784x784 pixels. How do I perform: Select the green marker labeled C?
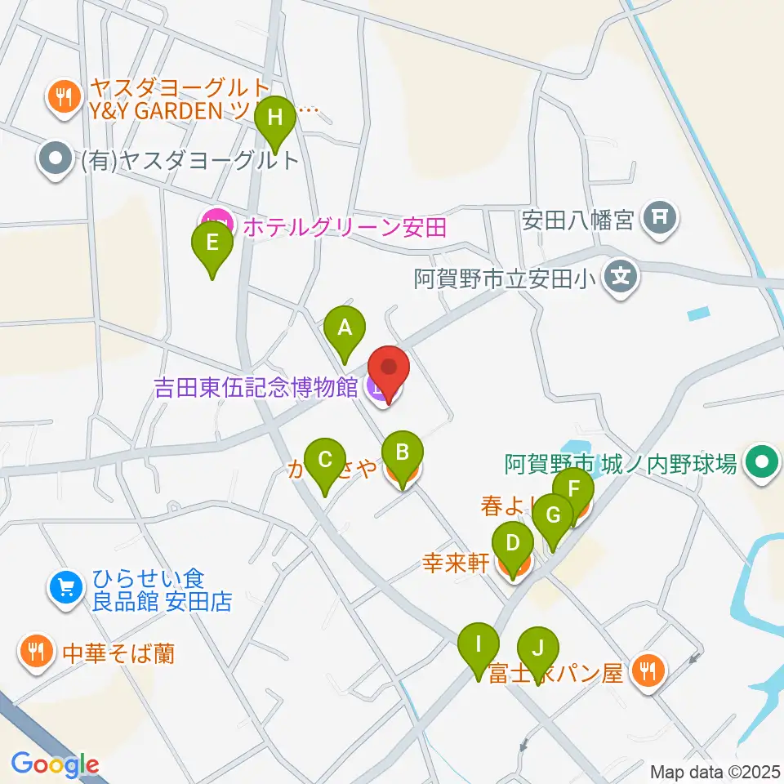click(325, 461)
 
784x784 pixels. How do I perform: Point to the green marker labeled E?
click(212, 243)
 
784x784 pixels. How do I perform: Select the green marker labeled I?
click(479, 644)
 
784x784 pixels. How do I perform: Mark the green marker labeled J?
click(537, 649)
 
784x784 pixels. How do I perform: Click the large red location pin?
click(389, 368)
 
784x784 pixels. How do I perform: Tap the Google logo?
click(55, 765)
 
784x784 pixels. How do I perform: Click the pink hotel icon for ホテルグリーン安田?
click(215, 222)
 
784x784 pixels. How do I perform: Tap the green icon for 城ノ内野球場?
click(762, 464)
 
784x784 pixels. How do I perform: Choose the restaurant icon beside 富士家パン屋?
click(649, 671)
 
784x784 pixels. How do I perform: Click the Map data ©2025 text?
click(715, 771)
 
